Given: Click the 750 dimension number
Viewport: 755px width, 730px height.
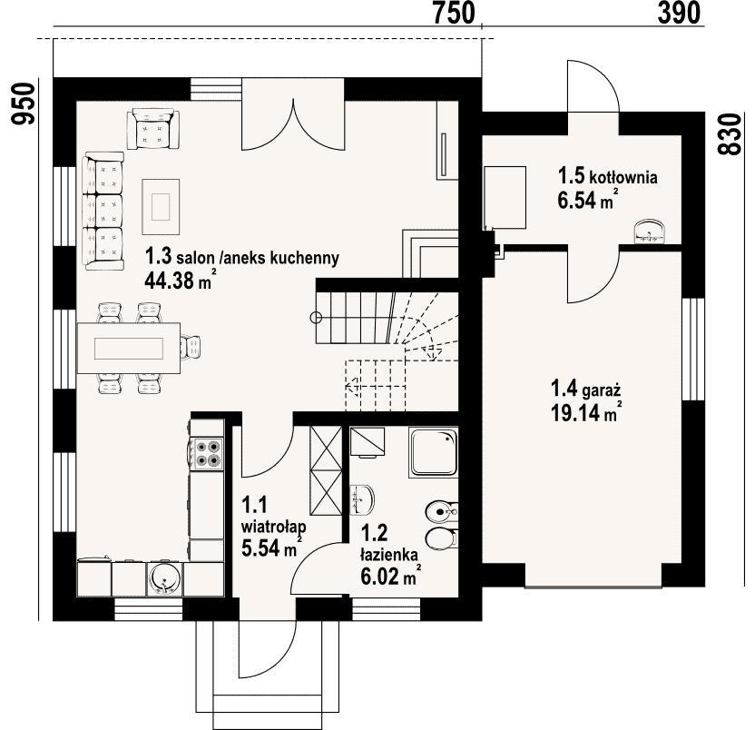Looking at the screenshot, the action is tap(454, 13).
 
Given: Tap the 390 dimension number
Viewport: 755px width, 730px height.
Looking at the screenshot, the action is tap(679, 13).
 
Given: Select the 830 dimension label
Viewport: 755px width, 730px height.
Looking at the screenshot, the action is tap(730, 134).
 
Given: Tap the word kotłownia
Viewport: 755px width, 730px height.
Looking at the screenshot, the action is tap(623, 177).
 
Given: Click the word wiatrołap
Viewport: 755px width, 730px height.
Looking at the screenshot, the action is tap(273, 527).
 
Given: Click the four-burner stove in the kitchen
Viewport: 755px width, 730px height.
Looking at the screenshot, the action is tap(208, 453).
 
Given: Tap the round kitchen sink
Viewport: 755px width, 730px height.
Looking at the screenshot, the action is tap(164, 577).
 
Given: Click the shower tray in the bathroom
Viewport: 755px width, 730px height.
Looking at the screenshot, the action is tap(433, 452).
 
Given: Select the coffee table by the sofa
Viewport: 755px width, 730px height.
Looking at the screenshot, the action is tap(161, 207).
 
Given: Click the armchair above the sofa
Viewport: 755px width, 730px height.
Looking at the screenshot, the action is tap(153, 129).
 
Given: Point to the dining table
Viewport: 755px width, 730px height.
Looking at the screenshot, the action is tap(129, 349).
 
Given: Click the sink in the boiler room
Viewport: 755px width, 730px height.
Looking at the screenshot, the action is tap(650, 232).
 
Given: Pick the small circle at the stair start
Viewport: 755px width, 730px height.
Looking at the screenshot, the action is tap(316, 318).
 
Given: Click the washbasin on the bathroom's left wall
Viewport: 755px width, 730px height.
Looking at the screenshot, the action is tap(362, 499).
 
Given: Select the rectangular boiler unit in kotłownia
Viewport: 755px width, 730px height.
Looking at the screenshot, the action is tap(505, 197).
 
